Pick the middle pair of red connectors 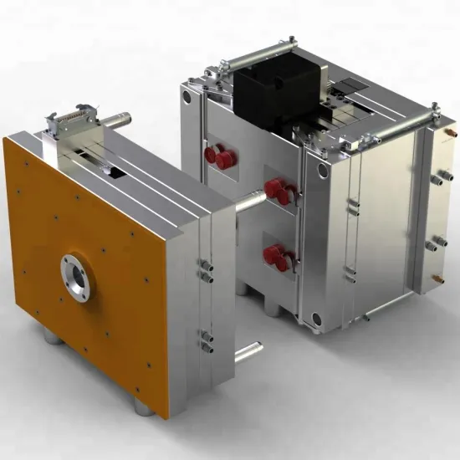click(279, 192)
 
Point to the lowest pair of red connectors click(277, 256)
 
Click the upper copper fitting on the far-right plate click(452, 130)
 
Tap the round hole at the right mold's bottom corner click(315, 317)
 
